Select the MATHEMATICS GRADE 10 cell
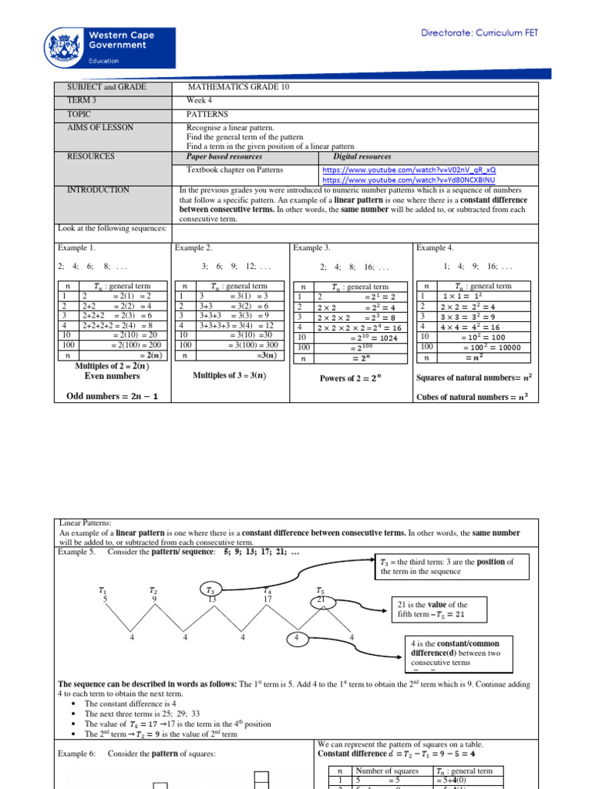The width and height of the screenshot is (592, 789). [239, 87]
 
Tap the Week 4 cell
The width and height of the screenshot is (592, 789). [200, 101]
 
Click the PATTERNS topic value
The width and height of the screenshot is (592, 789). [207, 114]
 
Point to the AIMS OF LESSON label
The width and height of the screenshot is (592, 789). [100, 127]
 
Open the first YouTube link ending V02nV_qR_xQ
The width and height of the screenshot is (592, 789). [409, 169]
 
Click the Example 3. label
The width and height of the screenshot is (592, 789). [311, 248]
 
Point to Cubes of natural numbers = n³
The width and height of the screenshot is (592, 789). [476, 397]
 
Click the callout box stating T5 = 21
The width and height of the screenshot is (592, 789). [437, 609]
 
